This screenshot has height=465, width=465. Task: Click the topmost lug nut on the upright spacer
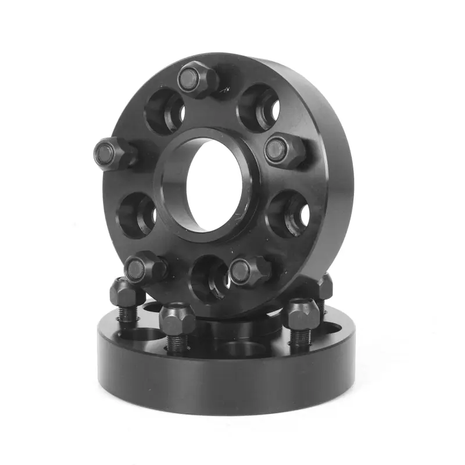tap(196, 80)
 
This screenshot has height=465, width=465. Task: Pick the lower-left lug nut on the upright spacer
tap(144, 267)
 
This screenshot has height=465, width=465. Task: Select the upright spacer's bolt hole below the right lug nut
tap(289, 213)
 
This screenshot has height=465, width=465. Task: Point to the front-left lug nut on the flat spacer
tap(177, 319)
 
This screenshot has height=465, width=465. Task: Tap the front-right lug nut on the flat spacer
tap(301, 314)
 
